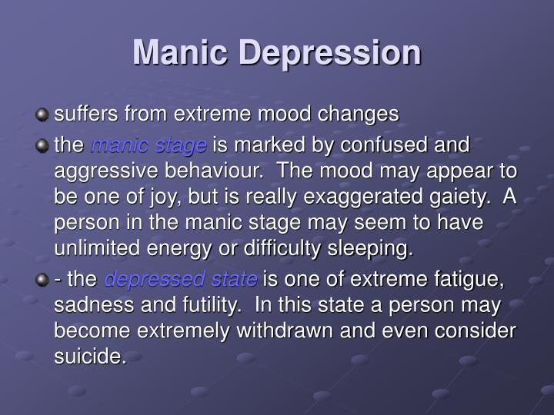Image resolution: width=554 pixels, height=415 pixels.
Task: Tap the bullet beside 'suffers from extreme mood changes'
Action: click(x=42, y=116)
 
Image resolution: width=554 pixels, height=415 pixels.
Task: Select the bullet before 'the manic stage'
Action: click(x=42, y=144)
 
